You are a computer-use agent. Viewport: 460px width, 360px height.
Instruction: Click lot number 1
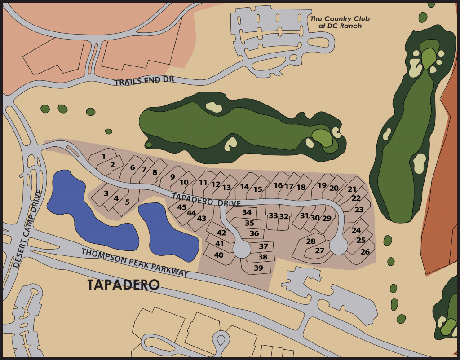103,156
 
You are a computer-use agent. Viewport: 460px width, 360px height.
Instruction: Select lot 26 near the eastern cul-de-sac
365,252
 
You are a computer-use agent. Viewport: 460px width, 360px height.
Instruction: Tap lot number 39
258,268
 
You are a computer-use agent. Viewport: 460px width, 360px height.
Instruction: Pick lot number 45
181,207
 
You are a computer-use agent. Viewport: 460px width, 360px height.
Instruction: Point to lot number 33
273,216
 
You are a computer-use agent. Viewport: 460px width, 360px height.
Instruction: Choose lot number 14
244,187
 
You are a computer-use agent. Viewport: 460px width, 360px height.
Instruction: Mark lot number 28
311,241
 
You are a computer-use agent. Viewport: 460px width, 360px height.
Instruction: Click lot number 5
127,202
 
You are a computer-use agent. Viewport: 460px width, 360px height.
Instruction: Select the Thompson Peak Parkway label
135,261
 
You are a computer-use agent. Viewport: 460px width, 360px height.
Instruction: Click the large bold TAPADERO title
124,285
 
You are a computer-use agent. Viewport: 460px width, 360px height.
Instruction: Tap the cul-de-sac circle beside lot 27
338,245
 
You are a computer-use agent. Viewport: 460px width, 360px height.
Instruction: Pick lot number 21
352,189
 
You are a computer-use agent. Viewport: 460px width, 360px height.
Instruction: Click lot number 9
172,177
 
